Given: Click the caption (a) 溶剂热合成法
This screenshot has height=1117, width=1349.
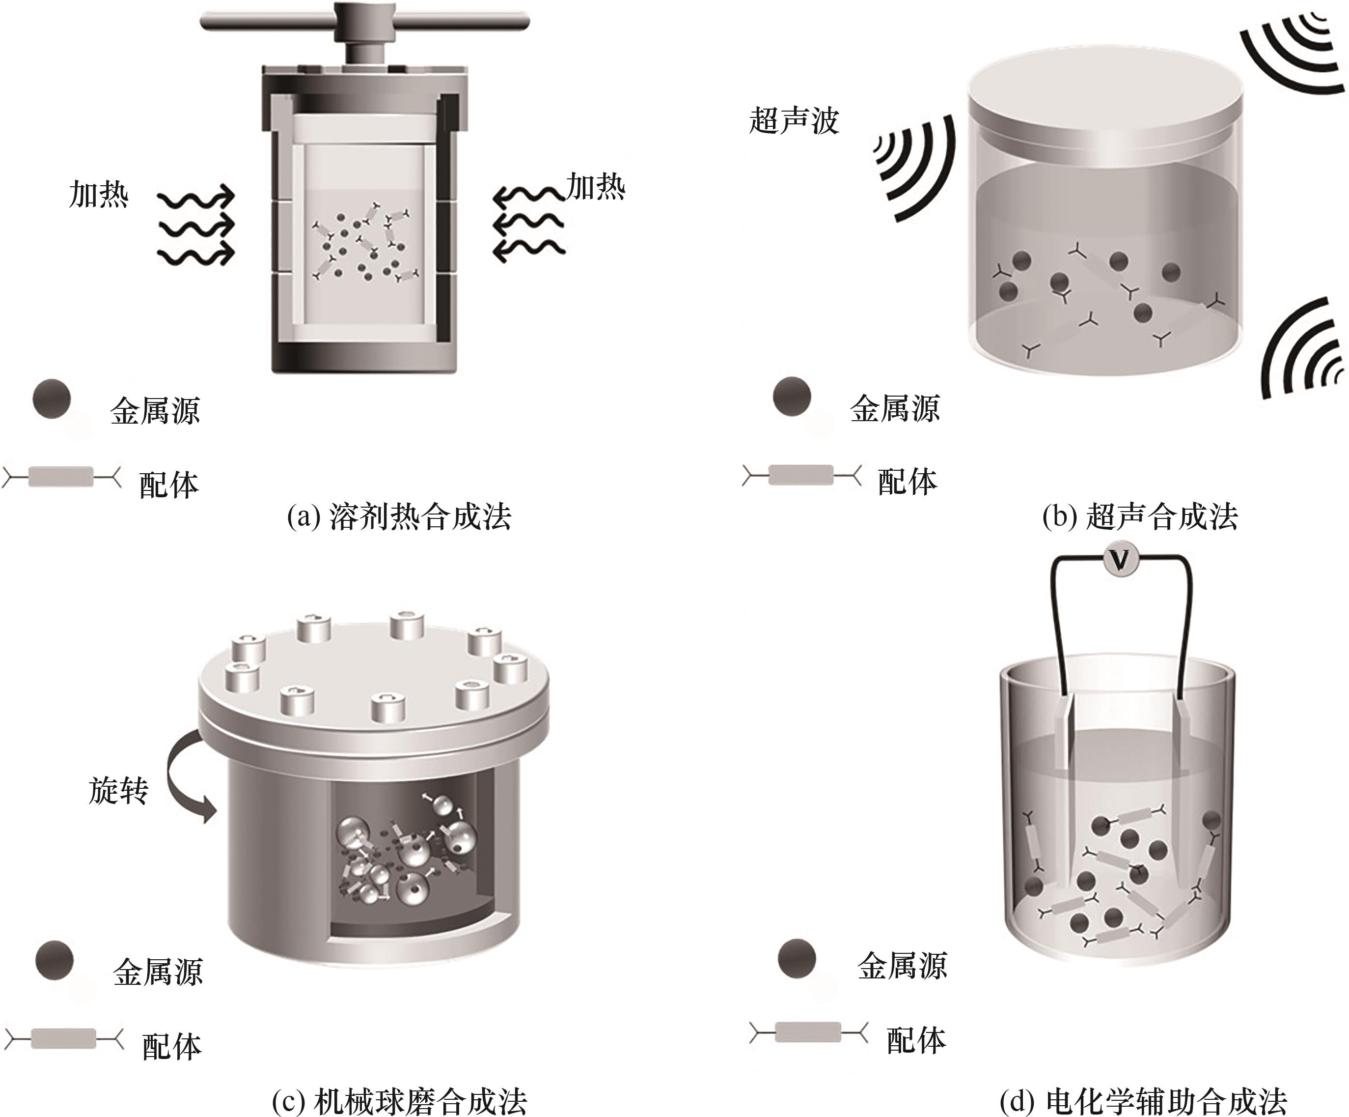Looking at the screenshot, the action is (x=399, y=516).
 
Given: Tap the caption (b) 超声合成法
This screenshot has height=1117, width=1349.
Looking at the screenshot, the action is (x=1140, y=516).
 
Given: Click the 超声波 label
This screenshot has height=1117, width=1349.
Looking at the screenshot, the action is (x=794, y=121).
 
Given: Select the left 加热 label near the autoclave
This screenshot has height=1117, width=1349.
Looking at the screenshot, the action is (x=98, y=194).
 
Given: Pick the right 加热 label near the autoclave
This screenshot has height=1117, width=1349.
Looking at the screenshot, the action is (x=596, y=187).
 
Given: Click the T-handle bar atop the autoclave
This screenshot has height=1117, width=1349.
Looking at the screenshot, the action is (x=365, y=22).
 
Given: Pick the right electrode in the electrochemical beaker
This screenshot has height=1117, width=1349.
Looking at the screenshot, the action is (x=1181, y=797).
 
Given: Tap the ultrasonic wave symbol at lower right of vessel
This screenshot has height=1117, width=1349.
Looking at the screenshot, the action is (x=1301, y=350).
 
